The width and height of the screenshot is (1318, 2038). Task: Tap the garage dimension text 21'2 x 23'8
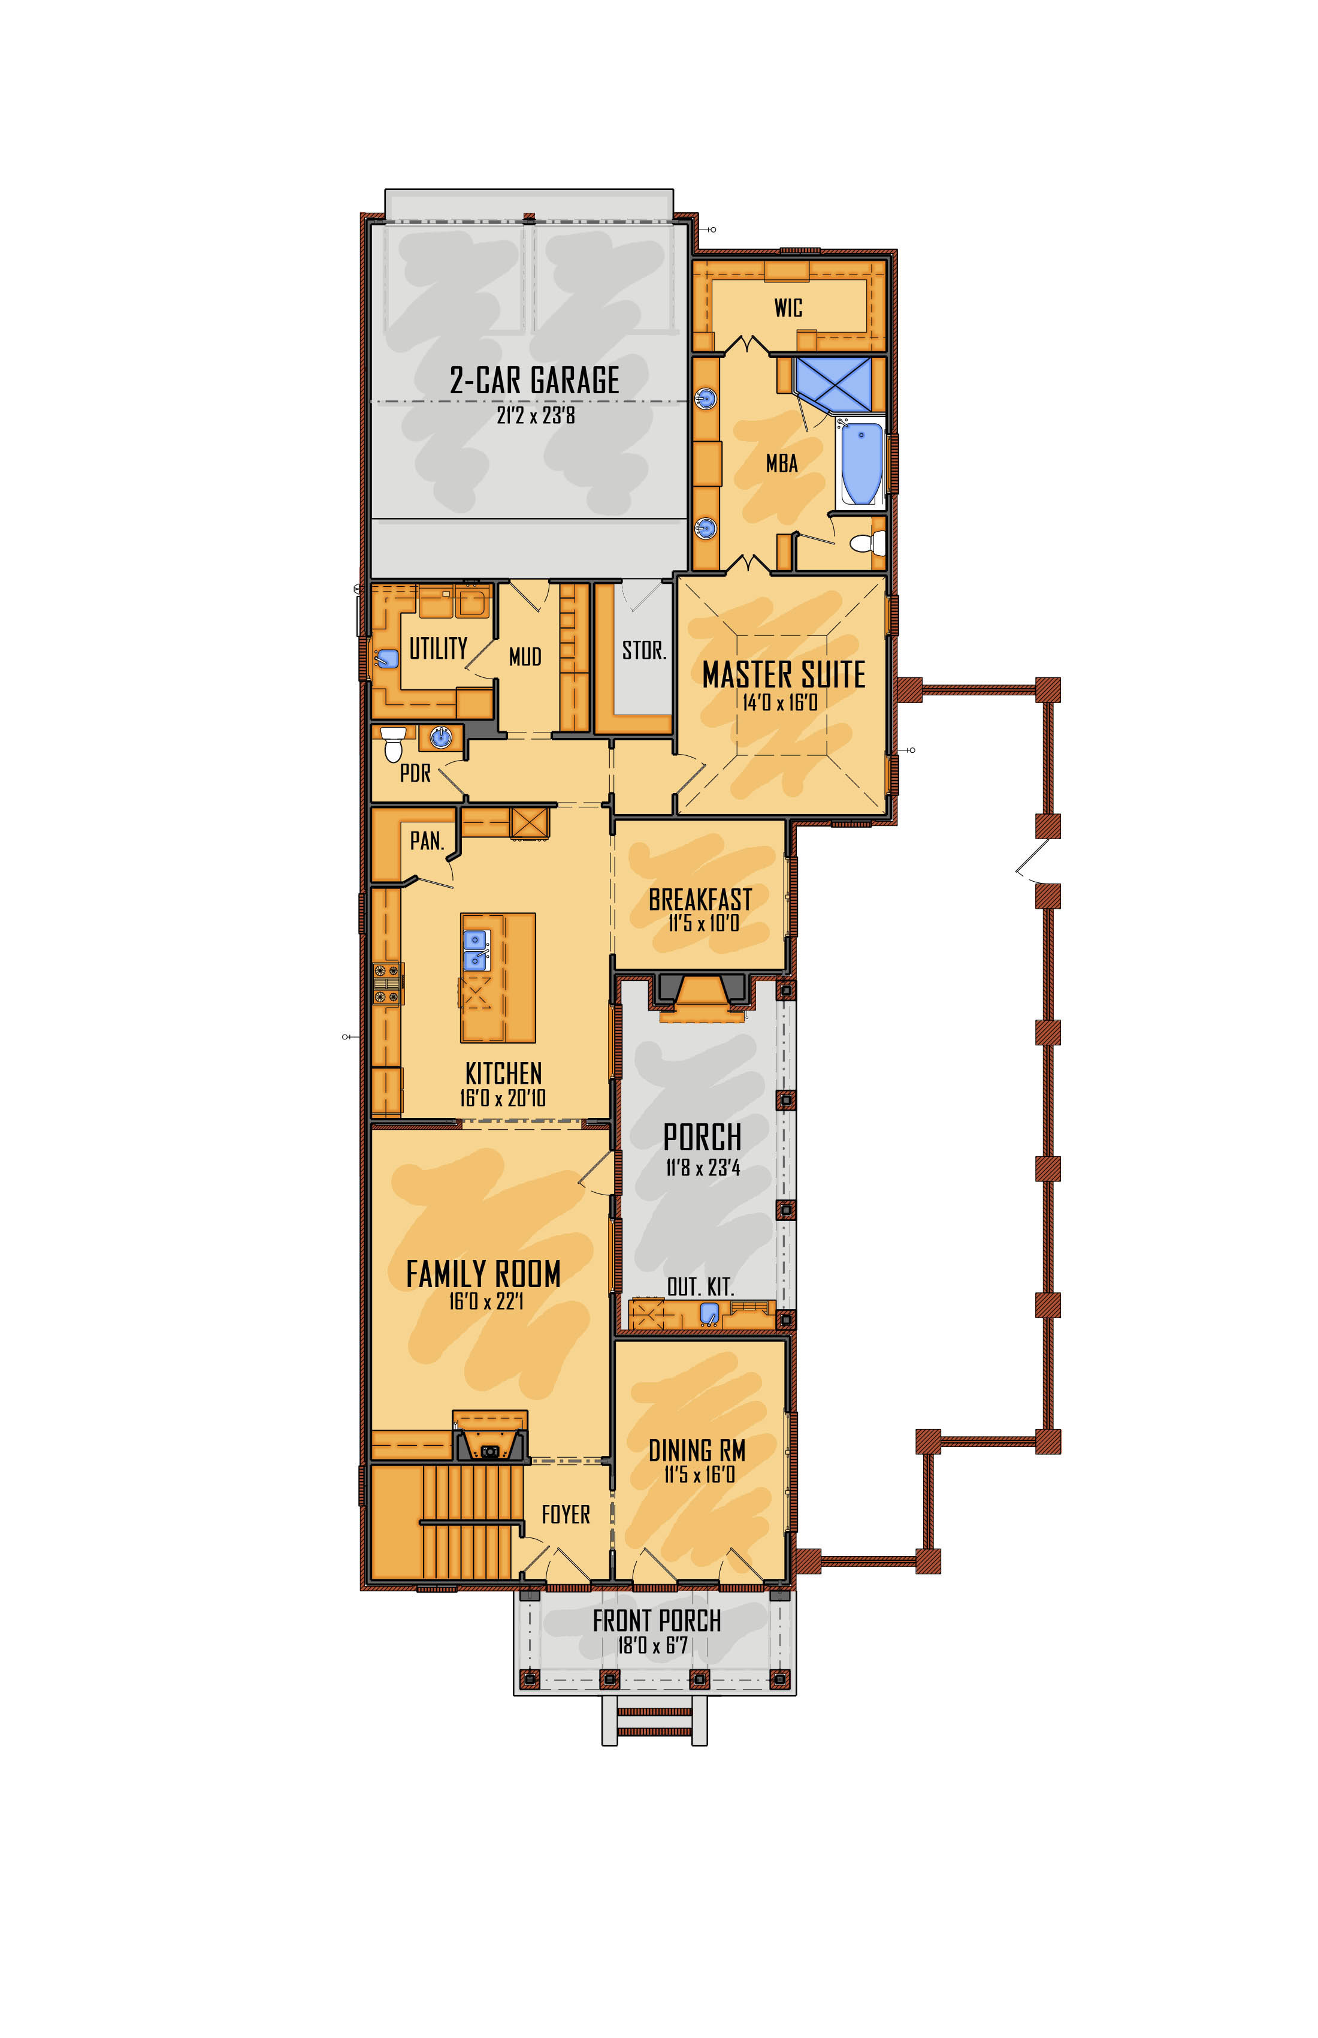pos(536,416)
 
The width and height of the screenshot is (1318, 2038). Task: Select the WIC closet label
pos(788,308)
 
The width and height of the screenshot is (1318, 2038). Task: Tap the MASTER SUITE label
pos(783,675)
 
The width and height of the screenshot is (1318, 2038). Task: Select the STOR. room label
pos(643,651)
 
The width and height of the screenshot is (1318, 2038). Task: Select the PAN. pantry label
pos(426,841)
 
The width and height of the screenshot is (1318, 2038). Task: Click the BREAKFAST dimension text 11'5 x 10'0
pos(703,923)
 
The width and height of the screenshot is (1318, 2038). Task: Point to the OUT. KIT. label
pos(700,1287)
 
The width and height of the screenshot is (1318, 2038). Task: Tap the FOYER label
pos(566,1515)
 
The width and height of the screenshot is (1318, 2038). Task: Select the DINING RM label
pos(697,1451)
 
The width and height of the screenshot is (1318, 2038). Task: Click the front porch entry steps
pos(655,1721)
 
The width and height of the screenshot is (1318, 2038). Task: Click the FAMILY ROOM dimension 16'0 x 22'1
pos(485,1301)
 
